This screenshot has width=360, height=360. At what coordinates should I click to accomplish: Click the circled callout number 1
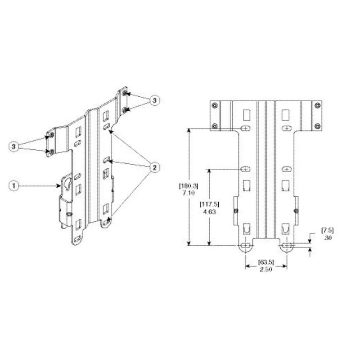point(14,185)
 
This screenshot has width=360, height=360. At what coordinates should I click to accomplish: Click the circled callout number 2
point(154,167)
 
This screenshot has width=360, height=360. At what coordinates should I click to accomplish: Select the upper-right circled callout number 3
point(154,100)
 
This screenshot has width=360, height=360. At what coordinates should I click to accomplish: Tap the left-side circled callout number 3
point(14,146)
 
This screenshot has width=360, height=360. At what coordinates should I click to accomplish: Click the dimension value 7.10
point(189,193)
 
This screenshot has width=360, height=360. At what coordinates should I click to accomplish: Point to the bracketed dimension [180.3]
point(189,185)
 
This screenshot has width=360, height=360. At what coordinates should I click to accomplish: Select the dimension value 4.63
point(209,211)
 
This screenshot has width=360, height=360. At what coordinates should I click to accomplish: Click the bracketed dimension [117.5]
point(209,204)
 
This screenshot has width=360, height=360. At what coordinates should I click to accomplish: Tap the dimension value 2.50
point(266,269)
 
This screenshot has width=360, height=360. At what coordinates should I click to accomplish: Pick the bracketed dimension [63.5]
point(266,262)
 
